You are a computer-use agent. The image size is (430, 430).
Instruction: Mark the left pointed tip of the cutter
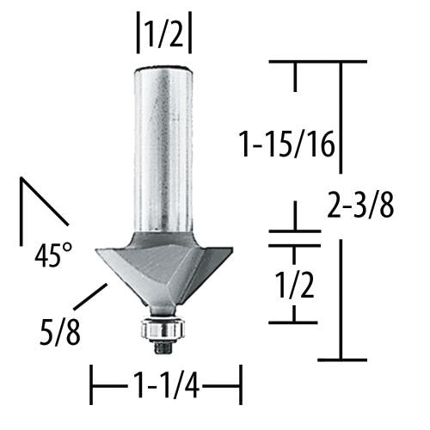coord(97,250)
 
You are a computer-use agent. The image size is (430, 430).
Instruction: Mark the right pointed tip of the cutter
coord(230,250)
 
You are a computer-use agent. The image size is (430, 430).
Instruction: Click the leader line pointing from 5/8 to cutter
coord(89,297)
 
